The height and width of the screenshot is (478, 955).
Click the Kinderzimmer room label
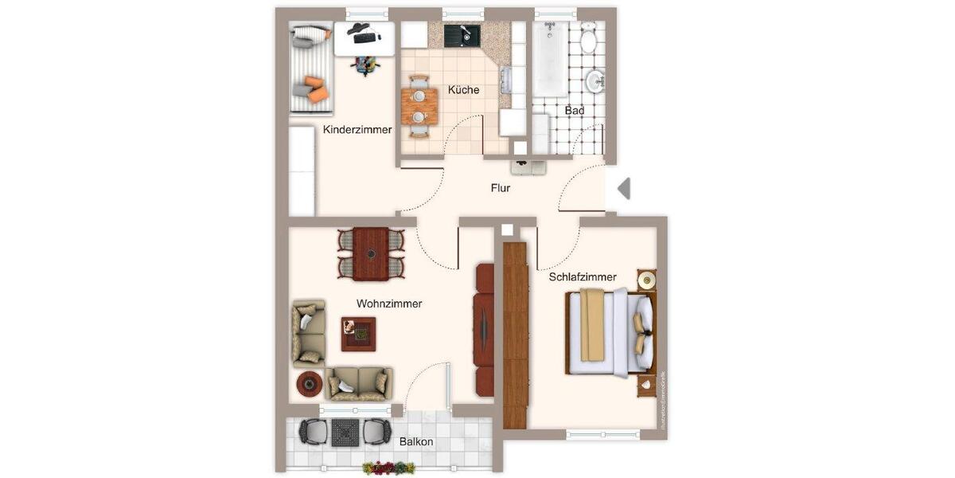(357, 130)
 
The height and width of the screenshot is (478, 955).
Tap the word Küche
(463, 90)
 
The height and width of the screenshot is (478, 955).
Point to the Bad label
(575, 111)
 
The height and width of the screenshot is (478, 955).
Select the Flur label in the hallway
(500, 189)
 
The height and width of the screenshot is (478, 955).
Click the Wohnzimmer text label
(389, 304)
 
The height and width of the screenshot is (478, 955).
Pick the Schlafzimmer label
(583, 277)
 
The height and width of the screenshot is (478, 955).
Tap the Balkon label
(416, 441)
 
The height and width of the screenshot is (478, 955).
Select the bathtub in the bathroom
(550, 59)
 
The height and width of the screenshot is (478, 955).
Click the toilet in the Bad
(589, 37)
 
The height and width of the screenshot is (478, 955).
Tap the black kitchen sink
(458, 35)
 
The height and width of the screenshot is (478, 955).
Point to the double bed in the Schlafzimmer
(611, 332)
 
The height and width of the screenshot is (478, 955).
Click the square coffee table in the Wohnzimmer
(358, 334)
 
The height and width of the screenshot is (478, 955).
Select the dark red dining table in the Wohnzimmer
(371, 253)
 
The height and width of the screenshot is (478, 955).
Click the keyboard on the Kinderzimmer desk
(366, 37)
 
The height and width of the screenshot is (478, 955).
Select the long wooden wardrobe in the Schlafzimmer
(516, 335)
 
